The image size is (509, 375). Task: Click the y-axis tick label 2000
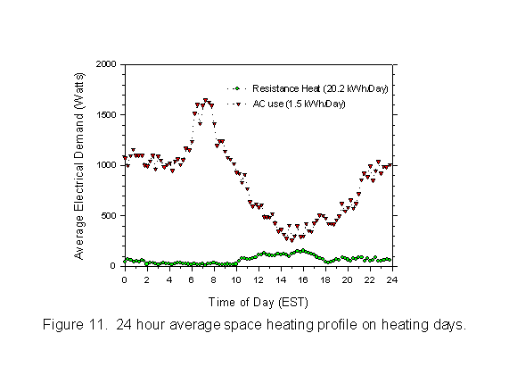(106, 64)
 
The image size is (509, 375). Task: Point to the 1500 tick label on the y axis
(106, 115)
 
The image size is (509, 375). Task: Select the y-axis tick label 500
(109, 216)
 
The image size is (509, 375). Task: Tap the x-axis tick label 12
(259, 279)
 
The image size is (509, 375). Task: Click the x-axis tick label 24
(392, 279)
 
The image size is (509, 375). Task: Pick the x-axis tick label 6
(192, 279)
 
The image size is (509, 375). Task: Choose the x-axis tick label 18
(325, 279)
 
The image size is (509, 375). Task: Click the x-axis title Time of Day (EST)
(259, 303)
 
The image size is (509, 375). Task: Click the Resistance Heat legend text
(320, 88)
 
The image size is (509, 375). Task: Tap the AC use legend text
(299, 104)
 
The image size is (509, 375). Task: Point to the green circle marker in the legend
(237, 88)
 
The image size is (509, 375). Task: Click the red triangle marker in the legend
(238, 104)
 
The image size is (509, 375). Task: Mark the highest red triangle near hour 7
(206, 101)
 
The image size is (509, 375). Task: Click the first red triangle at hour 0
(125, 158)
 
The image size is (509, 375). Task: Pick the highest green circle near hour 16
(303, 250)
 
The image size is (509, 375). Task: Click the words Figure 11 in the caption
(75, 325)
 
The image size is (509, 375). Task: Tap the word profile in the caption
(337, 325)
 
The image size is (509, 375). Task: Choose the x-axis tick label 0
(124, 279)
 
